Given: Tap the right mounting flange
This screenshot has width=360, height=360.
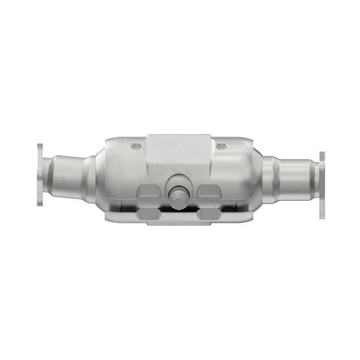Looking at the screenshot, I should (x=322, y=184).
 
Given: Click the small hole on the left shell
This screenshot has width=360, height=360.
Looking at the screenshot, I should (x=135, y=146).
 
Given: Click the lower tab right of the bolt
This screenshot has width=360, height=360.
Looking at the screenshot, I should (x=209, y=214).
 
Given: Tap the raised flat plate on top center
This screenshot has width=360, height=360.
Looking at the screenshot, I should (x=178, y=150).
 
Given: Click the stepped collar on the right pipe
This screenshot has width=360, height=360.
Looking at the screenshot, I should (x=280, y=180).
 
